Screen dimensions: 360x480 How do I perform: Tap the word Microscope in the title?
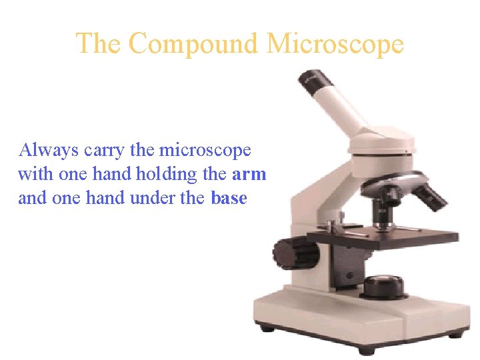(x=335, y=44)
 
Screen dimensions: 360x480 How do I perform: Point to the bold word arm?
(x=249, y=175)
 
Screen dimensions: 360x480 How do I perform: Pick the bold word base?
(x=229, y=199)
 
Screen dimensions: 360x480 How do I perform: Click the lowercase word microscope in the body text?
(x=205, y=151)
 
